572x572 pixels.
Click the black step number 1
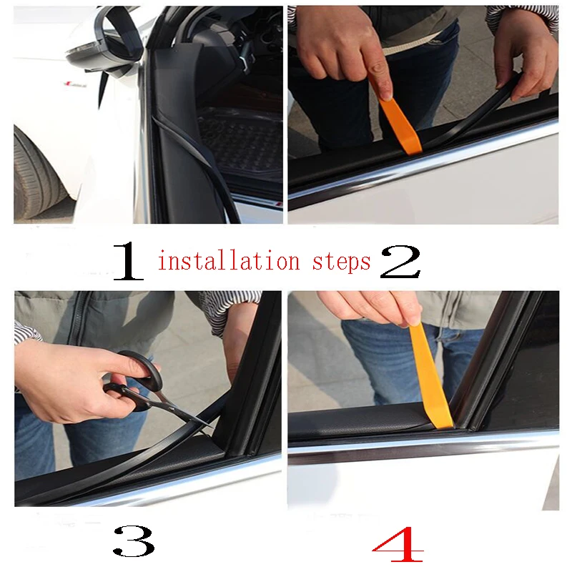tap(129, 262)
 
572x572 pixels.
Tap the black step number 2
tap(400, 262)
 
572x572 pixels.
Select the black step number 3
tap(134, 541)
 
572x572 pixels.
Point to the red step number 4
tap(398, 544)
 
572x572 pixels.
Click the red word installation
tap(229, 261)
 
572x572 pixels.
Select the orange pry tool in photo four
tap(430, 376)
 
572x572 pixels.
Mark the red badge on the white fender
tap(76, 84)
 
